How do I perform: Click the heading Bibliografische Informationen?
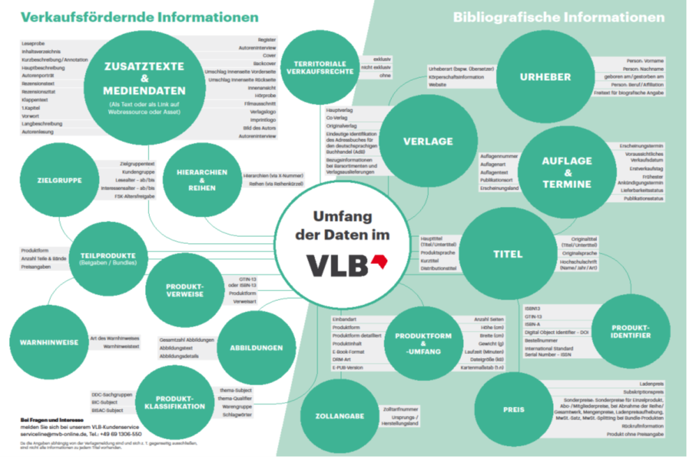(559, 17)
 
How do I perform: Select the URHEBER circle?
(545, 77)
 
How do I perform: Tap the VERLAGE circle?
(428, 141)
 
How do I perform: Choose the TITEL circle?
(508, 254)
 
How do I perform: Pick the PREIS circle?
(514, 410)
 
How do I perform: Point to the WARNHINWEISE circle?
(44, 343)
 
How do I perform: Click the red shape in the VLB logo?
(379, 262)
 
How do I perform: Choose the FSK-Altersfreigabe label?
(135, 196)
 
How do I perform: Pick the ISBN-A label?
(534, 324)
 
